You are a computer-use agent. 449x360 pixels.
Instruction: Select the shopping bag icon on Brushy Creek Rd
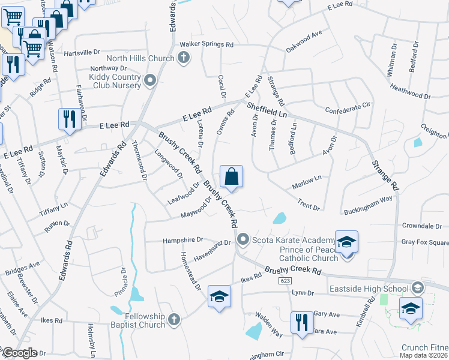(x=231, y=176)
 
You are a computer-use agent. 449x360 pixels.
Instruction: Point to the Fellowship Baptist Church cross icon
(x=174, y=318)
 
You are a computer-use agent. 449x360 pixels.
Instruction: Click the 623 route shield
(x=285, y=280)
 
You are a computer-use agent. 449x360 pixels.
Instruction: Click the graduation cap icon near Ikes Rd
(x=219, y=296)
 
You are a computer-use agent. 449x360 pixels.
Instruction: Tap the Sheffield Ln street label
(x=267, y=110)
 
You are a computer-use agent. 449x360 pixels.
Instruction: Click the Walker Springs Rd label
(x=206, y=45)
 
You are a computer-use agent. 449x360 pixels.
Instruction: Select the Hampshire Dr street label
(x=183, y=240)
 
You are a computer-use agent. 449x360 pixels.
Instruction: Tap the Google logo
(x=19, y=353)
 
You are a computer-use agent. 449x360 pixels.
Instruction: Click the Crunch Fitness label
(x=424, y=347)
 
